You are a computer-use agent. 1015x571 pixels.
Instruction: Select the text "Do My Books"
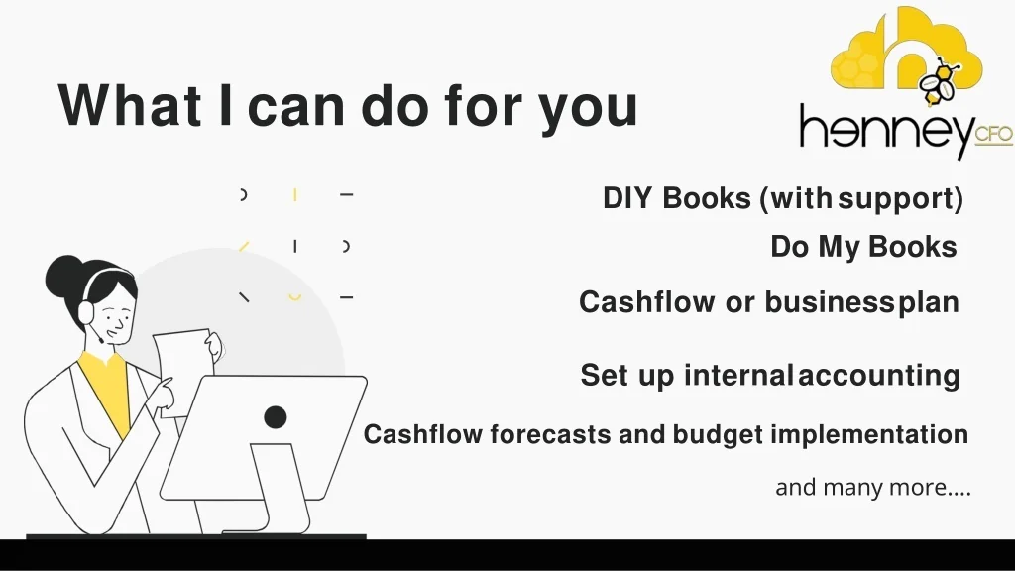coord(863,247)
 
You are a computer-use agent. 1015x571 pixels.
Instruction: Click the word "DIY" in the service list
coord(627,198)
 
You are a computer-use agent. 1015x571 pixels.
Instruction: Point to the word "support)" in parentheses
coord(901,199)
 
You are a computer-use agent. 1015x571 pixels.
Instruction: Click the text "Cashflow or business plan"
coord(769,302)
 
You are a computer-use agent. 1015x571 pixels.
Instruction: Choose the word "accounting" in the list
coord(879,376)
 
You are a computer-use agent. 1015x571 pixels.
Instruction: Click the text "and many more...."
coord(873,487)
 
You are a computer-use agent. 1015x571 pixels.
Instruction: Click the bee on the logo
coord(938,81)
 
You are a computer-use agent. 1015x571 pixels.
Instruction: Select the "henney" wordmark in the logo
coord(887,130)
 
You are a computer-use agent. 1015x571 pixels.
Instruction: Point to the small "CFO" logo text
coord(993,135)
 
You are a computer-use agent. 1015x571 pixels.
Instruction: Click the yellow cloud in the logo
coord(906,49)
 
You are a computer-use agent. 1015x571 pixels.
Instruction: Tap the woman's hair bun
coord(63,277)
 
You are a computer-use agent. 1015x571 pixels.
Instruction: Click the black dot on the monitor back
coord(276,417)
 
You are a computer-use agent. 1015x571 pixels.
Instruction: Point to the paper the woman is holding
coord(184,369)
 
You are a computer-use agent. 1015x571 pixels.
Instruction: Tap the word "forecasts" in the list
coord(550,434)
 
